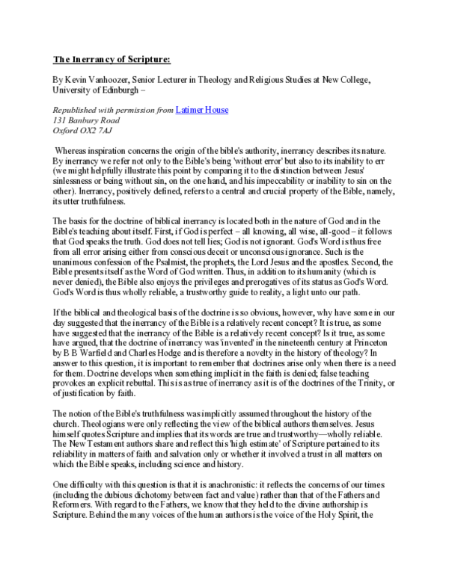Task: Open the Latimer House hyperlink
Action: pos(201,111)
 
